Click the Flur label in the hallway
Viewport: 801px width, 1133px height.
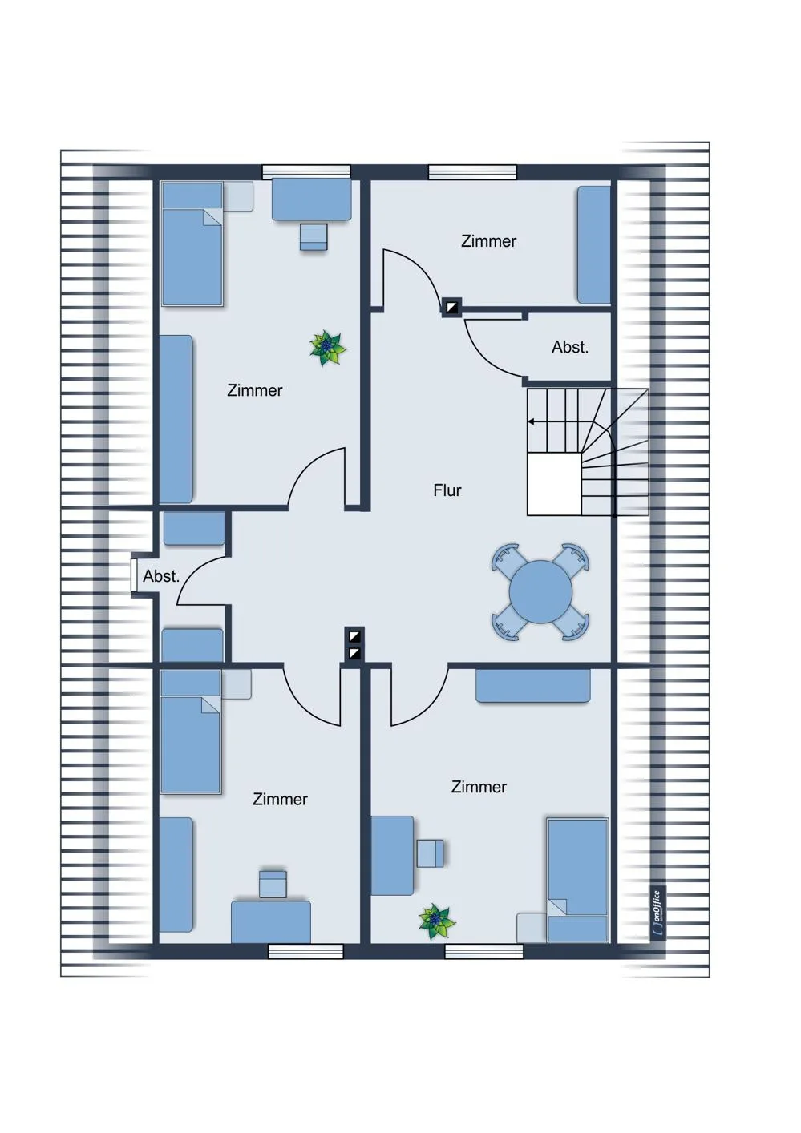447,490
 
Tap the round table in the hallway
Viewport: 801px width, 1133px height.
540,592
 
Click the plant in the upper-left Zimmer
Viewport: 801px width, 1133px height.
328,348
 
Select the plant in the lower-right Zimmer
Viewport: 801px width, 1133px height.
437,922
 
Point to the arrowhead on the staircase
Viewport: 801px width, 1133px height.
531,421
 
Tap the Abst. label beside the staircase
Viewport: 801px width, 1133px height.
570,348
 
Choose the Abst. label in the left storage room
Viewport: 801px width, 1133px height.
161,576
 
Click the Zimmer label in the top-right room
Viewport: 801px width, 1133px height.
488,241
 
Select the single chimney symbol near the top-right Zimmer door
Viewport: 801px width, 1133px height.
451,307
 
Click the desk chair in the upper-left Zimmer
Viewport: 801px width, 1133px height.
314,237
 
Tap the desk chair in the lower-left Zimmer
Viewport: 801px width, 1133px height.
273,884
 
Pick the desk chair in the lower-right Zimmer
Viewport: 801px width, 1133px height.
430,853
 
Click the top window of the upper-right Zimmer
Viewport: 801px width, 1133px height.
472,172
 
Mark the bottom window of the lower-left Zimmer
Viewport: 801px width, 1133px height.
305,951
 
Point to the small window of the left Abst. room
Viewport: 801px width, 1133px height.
134,575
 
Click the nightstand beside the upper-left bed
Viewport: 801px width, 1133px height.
238,196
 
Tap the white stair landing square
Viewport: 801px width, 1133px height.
554,484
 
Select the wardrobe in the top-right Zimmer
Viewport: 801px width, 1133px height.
594,245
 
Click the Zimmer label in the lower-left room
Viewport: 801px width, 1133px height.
280,799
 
